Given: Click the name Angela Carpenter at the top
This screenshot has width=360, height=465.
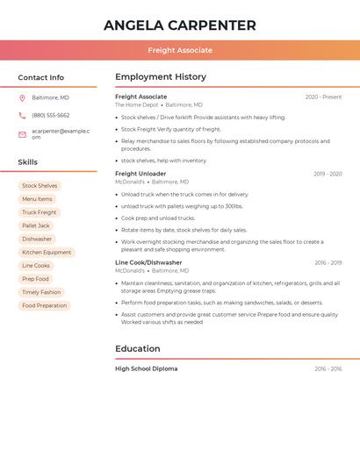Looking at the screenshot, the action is click(x=180, y=25).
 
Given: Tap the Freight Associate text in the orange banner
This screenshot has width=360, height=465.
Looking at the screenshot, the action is click(x=180, y=50).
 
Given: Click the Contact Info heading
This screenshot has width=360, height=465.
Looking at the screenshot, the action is click(x=40, y=77).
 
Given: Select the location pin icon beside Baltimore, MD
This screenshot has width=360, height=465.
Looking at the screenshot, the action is click(x=22, y=97).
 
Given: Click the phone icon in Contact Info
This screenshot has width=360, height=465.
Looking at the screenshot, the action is click(x=22, y=115).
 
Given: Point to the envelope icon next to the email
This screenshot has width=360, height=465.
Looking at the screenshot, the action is click(x=22, y=134).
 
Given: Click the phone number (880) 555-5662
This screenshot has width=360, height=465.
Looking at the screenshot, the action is click(x=50, y=115).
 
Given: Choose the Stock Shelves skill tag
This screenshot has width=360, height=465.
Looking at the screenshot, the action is click(x=40, y=186).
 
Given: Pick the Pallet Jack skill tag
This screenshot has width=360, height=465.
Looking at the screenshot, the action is click(x=36, y=225).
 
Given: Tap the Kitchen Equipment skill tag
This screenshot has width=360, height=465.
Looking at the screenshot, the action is click(x=47, y=252).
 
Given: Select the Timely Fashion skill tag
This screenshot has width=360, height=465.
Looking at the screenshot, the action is click(x=41, y=292).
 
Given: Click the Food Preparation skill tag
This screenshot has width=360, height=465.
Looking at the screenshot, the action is click(x=44, y=305).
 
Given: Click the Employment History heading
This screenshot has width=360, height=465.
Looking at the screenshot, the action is click(x=161, y=77).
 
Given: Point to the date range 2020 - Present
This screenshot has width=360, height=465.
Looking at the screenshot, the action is click(x=323, y=97).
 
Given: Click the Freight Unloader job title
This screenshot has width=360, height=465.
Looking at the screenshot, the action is click(x=140, y=174).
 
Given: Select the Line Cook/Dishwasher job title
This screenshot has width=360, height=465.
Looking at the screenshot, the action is click(x=148, y=262).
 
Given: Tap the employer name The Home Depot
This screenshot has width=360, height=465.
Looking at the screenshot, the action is click(x=136, y=104).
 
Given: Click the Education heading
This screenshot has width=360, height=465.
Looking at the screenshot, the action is click(x=138, y=348).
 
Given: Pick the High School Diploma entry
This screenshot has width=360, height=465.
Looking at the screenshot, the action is click(x=146, y=368).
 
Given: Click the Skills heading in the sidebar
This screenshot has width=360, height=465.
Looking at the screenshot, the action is click(x=27, y=162).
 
